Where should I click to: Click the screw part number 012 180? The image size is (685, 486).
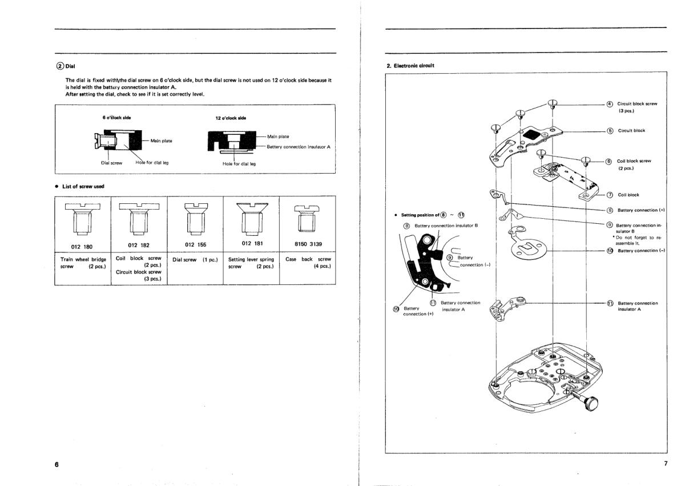point(82,244)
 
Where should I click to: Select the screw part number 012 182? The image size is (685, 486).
point(138,244)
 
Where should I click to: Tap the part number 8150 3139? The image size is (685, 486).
point(308,244)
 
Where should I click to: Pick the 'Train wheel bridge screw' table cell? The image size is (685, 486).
point(83,263)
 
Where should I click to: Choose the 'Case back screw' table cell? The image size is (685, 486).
point(308,263)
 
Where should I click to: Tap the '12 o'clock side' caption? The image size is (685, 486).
point(231,118)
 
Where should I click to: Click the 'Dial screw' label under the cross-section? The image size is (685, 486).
point(111,163)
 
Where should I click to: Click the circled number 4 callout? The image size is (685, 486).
point(609,104)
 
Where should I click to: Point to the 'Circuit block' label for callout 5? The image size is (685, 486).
point(631,131)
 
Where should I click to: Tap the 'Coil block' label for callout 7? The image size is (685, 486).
point(628,195)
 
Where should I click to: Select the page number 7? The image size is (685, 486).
point(665,463)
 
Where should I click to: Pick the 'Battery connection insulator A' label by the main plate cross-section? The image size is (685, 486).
point(298,147)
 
